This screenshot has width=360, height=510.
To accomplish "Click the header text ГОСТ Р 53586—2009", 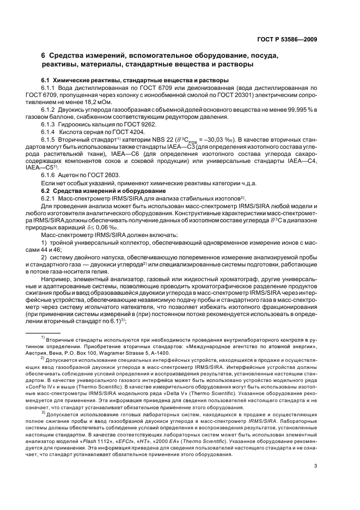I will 287,39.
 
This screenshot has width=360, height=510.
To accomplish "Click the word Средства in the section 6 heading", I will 69,56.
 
